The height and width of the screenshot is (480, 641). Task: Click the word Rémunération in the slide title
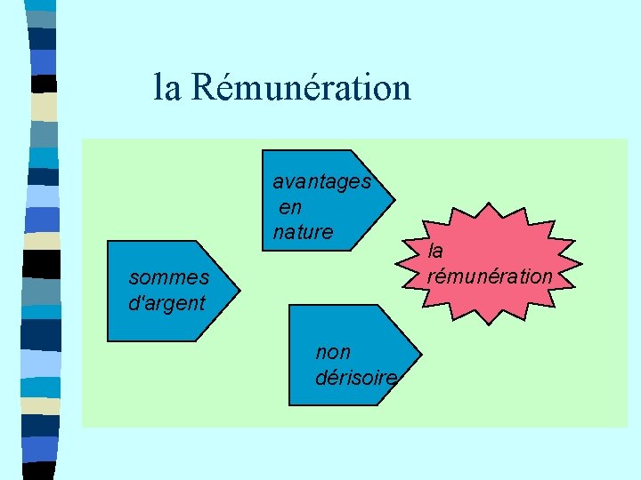[301, 88]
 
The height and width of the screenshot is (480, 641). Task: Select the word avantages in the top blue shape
[321, 182]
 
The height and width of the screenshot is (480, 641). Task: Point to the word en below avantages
[290, 208]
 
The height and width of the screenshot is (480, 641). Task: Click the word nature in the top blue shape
[303, 233]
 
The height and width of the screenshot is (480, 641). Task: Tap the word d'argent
[166, 302]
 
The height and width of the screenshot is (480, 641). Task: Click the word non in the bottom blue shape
[333, 352]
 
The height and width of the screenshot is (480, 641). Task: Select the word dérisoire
[356, 378]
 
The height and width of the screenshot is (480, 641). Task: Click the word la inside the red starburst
[435, 252]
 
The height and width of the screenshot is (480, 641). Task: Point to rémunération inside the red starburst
[490, 276]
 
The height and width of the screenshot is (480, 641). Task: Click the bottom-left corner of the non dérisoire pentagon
[290, 404]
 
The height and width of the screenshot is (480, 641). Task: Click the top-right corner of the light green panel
[627, 139]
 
